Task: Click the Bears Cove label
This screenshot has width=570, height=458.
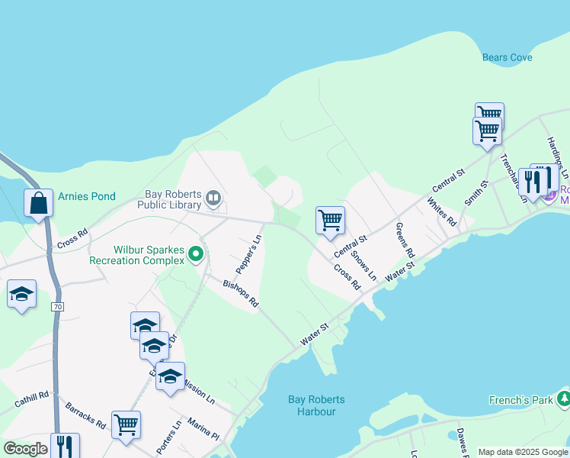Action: [x=507, y=57]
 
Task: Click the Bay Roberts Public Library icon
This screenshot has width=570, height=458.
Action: [x=213, y=200]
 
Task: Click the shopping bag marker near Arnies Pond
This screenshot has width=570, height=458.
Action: [x=38, y=204]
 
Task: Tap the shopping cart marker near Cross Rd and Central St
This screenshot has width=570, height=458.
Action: [x=330, y=221]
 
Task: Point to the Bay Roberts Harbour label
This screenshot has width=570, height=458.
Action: [x=316, y=405]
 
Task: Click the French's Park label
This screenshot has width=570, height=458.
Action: [x=521, y=400]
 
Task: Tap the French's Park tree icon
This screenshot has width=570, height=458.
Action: [x=563, y=398]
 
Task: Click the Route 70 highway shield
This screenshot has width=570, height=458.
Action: [x=57, y=307]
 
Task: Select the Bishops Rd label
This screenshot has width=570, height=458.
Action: [x=241, y=294]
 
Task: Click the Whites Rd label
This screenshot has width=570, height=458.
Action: [x=441, y=212]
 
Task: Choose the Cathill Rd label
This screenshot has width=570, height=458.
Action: [x=32, y=397]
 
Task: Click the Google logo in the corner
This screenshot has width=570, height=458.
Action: [x=25, y=449]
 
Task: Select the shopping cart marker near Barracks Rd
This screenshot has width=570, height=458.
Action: [x=126, y=424]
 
